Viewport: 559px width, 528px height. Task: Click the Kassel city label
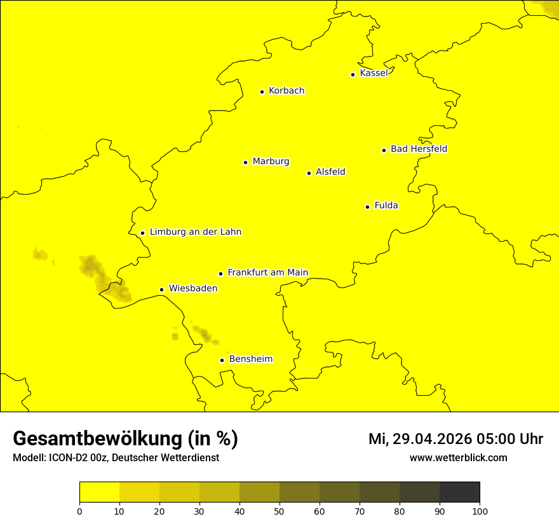coord(374,73)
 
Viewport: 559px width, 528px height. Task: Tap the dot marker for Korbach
coord(262,92)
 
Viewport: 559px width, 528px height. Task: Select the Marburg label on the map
coord(271,162)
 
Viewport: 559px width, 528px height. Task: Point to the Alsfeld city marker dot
coord(309,173)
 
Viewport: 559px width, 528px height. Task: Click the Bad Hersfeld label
coord(419,149)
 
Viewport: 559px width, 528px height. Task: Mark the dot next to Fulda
coord(367,207)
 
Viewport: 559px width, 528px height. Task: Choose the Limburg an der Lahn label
coord(195,232)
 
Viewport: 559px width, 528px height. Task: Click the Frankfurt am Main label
coord(267,272)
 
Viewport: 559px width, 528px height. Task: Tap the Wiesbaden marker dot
coord(161,289)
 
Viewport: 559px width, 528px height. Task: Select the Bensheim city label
coord(250,359)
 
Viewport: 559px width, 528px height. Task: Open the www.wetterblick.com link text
coord(458,457)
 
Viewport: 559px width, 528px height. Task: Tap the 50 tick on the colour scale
coord(279,511)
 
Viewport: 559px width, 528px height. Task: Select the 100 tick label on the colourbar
coord(480,511)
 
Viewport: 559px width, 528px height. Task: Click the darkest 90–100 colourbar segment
coord(459,492)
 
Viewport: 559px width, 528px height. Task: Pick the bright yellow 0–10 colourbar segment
coord(99,492)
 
